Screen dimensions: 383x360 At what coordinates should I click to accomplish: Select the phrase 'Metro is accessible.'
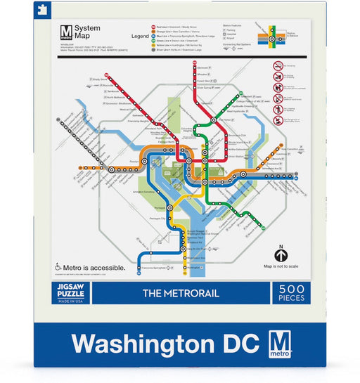coord(96,268)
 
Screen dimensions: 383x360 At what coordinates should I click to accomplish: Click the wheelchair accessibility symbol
coord(58,268)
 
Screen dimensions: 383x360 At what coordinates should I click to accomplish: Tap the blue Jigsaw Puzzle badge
coord(70,292)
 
